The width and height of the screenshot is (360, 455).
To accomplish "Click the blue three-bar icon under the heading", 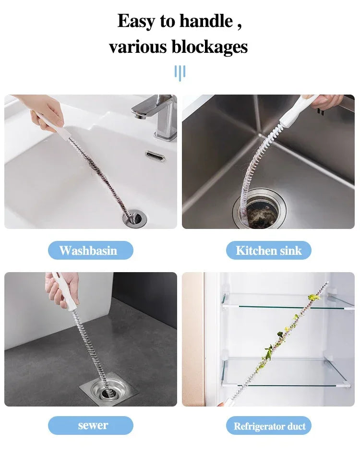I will (x=180, y=73).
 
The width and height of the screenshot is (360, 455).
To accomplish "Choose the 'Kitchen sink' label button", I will (x=269, y=251).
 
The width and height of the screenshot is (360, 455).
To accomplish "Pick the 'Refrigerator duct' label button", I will (x=269, y=426).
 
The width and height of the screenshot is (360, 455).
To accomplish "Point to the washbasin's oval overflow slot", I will (x=155, y=156).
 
